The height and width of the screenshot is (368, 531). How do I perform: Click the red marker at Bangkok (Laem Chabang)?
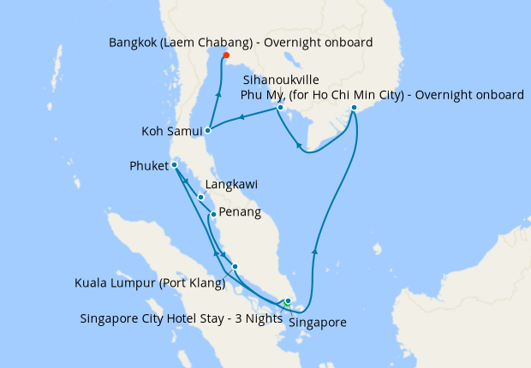click(x=226, y=56)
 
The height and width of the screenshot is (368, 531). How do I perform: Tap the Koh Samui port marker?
click(x=208, y=131)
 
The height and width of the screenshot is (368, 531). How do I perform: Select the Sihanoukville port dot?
click(x=279, y=108)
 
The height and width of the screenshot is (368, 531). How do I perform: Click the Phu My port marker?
click(x=354, y=108)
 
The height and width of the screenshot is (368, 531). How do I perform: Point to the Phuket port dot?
click(x=173, y=165)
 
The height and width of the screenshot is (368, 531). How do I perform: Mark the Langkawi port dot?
click(x=201, y=198)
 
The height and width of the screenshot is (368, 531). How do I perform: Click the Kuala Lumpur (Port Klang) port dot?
click(x=235, y=266)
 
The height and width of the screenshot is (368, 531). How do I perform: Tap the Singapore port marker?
click(x=289, y=301)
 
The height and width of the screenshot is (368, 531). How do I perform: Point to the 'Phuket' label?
click(x=150, y=165)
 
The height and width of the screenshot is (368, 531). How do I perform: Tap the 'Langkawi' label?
click(x=231, y=184)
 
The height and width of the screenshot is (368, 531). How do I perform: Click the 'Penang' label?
click(x=240, y=212)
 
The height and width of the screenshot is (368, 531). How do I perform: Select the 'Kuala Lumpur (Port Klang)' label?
click(x=148, y=282)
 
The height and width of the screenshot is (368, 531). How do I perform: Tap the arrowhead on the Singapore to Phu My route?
click(x=315, y=250)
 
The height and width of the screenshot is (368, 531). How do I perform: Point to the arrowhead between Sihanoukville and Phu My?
click(x=300, y=146)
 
